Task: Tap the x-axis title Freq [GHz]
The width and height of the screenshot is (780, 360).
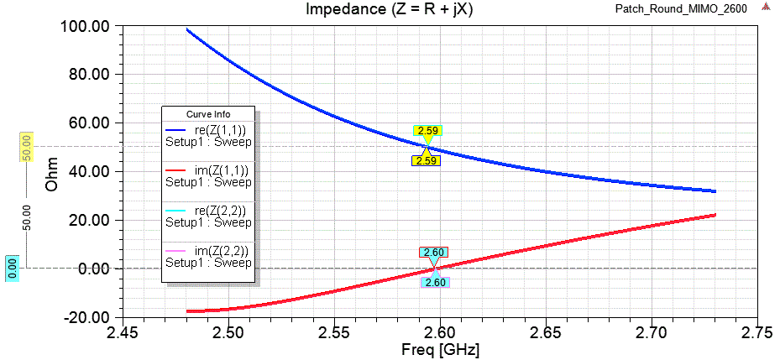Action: [x=440, y=347]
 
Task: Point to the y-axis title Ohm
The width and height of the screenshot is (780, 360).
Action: [x=52, y=171]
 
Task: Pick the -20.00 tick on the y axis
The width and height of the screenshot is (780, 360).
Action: [x=87, y=317]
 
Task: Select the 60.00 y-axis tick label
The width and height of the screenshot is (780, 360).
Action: [x=87, y=123]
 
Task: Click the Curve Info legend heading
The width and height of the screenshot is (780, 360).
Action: [x=208, y=114]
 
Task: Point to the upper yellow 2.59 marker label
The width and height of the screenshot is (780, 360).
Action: [x=427, y=131]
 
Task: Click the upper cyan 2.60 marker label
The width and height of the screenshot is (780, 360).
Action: [x=434, y=252]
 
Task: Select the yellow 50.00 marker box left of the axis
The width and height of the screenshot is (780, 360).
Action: [x=26, y=148]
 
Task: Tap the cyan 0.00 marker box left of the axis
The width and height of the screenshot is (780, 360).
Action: [x=13, y=269]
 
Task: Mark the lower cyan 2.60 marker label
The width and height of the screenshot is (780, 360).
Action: [x=435, y=283]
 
